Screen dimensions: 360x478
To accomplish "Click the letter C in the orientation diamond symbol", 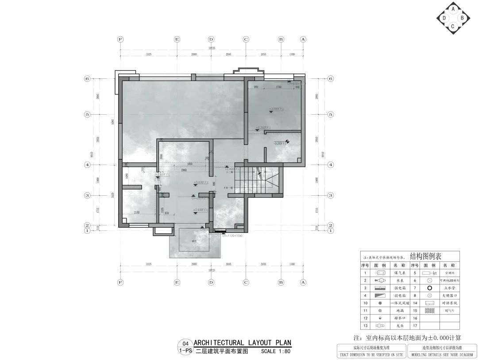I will click(x=452, y=27).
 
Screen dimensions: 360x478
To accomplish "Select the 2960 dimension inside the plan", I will click(x=184, y=170).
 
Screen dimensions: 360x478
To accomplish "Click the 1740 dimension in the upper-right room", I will click(x=278, y=87).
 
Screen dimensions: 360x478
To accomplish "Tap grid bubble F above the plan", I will click(x=120, y=39).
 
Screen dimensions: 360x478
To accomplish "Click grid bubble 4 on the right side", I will click(x=330, y=165).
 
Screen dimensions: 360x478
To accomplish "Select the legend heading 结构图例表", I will click(x=426, y=256).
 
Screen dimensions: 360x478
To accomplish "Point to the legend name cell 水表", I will click(x=397, y=281).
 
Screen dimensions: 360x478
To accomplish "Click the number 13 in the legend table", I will click(x=366, y=325).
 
